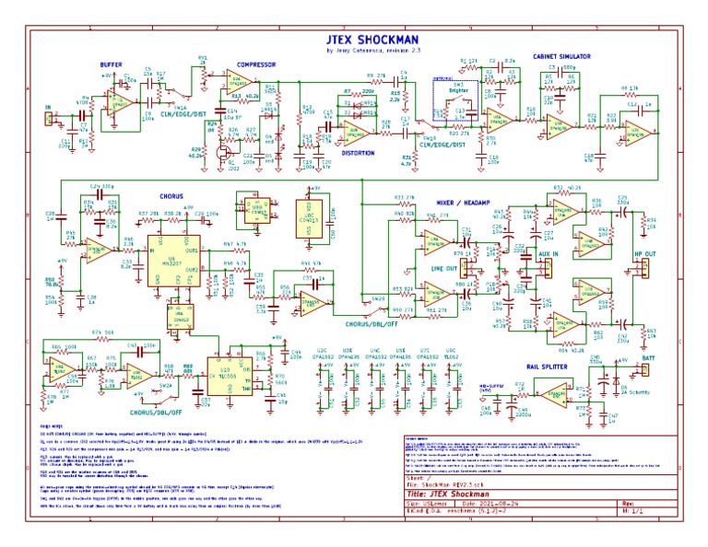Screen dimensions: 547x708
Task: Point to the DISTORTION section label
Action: pos(358,154)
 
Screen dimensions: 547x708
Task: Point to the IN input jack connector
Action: pos(49,118)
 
